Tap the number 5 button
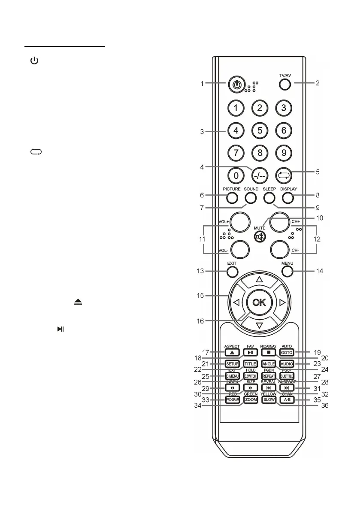tap(260, 130)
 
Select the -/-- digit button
tap(260, 175)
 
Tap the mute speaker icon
tap(260, 236)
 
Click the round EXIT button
tap(232, 271)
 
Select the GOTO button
tap(287, 352)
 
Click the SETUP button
tap(232, 364)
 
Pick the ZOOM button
tap(251, 399)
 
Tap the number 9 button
tap(284, 152)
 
